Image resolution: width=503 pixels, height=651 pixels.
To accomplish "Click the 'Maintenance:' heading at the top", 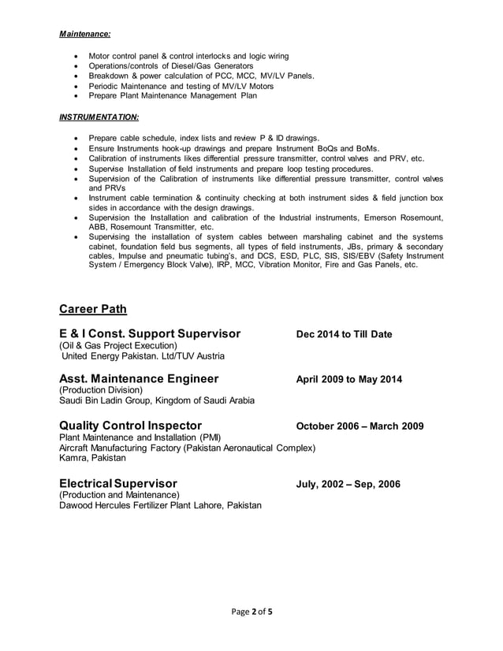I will pyautogui.click(x=85, y=34).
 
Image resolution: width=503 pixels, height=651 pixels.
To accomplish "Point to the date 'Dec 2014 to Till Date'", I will pyautogui.click(x=344, y=335).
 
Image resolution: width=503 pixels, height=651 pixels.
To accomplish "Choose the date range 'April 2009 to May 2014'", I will pyautogui.click(x=348, y=380).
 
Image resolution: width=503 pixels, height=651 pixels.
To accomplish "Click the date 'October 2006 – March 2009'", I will pyautogui.click(x=360, y=426).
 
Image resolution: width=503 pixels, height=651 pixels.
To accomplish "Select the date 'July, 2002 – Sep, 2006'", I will pyautogui.click(x=348, y=484).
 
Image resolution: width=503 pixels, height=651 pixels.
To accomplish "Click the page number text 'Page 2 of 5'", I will pyautogui.click(x=251, y=611).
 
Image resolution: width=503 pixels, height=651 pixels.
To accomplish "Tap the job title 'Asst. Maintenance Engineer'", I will pyautogui.click(x=139, y=379).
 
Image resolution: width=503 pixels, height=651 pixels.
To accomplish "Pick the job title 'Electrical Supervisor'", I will pyautogui.click(x=118, y=483).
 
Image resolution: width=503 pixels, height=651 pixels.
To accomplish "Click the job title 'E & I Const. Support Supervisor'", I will pyautogui.click(x=150, y=334).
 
